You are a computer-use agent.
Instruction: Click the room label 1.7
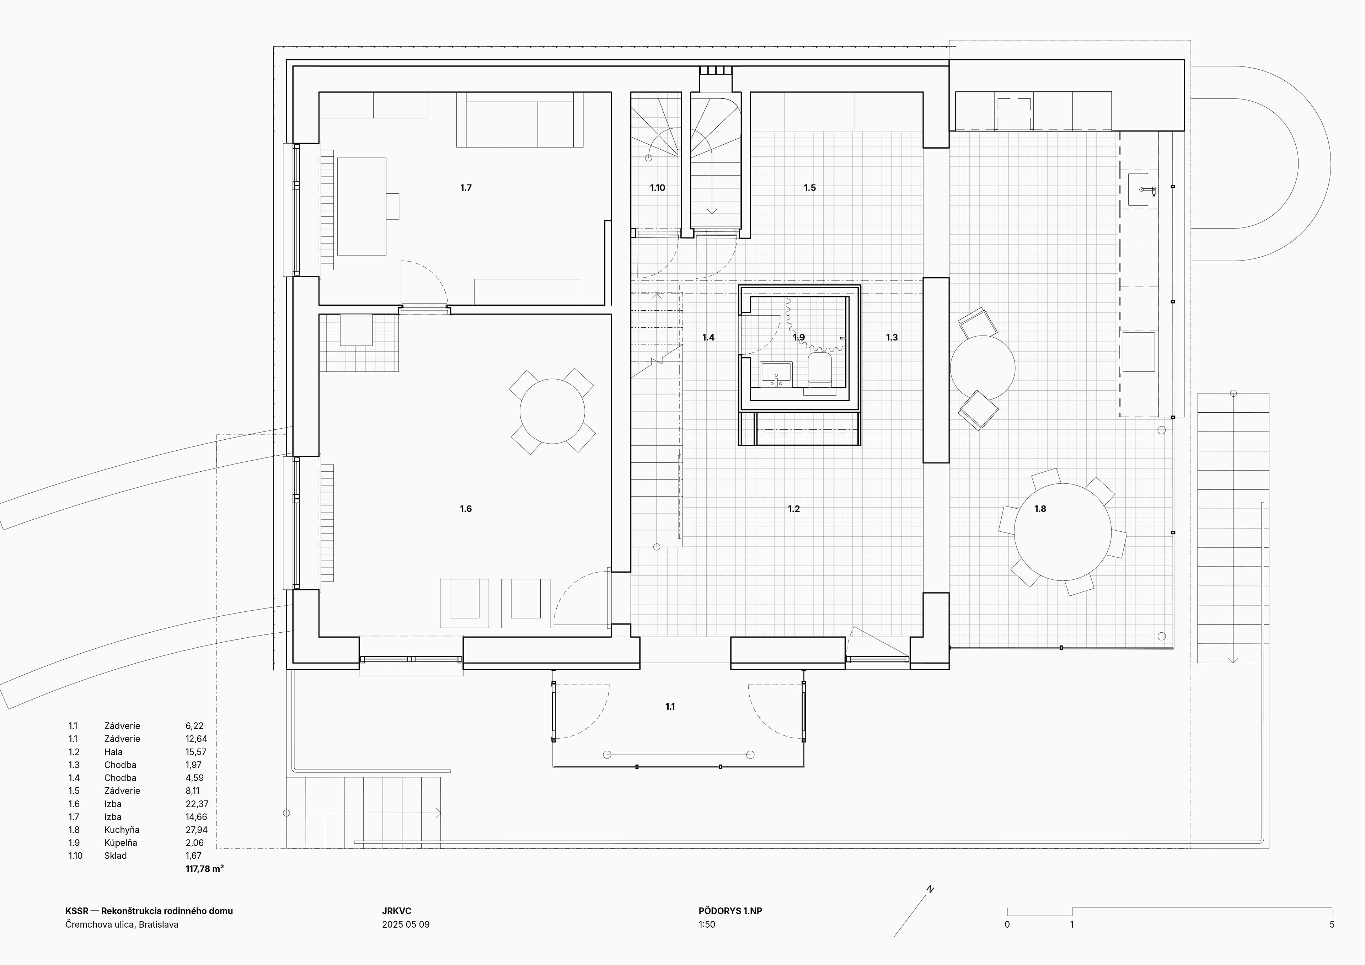[466, 188]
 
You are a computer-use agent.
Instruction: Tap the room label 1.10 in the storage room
[657, 188]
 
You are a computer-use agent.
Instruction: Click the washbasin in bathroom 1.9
[776, 374]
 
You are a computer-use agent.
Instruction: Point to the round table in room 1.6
[552, 412]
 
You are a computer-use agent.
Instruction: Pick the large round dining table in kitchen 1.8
[1062, 532]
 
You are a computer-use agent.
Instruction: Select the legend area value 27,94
[196, 830]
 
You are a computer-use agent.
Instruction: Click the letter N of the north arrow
[930, 890]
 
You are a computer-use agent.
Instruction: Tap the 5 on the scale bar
[1332, 924]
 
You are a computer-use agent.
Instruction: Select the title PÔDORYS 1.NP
[730, 911]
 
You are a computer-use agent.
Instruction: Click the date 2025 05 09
[406, 924]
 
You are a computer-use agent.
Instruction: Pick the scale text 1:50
[707, 924]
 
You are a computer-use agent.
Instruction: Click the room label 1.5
[810, 188]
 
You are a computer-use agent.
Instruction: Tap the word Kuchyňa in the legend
[122, 830]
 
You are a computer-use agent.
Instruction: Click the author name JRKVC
[397, 911]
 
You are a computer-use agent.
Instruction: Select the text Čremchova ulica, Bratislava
[122, 924]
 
